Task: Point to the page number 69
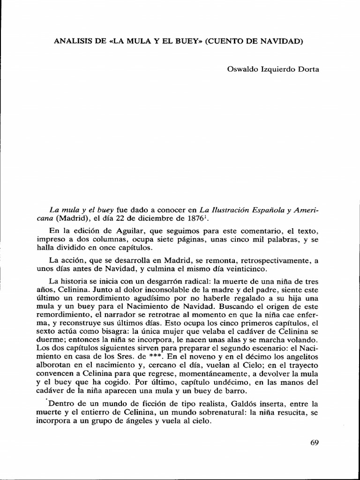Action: [314, 442]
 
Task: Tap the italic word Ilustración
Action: [224, 210]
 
